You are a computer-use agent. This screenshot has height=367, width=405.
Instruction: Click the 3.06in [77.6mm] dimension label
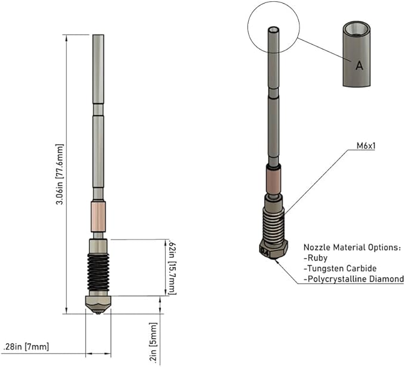(x=60, y=175)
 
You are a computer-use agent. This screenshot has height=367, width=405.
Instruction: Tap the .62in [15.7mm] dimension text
(x=172, y=268)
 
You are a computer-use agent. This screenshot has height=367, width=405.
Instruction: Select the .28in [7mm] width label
(x=26, y=347)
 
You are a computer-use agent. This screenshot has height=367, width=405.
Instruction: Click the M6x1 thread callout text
(x=366, y=146)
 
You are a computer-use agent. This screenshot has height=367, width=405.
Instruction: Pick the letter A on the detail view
(x=359, y=66)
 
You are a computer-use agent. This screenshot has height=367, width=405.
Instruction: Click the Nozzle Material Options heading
(x=352, y=247)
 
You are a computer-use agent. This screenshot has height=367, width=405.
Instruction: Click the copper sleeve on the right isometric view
(x=274, y=181)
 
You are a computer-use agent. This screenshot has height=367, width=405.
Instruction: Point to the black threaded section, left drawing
(x=98, y=274)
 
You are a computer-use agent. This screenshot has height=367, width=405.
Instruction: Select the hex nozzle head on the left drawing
(x=98, y=303)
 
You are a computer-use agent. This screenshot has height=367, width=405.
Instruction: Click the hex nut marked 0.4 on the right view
(x=273, y=249)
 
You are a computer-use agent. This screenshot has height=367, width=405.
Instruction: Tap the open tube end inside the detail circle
(x=274, y=29)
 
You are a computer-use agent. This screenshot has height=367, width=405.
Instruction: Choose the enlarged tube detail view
(x=357, y=54)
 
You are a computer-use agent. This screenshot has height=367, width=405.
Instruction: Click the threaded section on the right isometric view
(x=274, y=225)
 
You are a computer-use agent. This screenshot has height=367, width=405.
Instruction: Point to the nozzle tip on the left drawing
(x=98, y=313)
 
